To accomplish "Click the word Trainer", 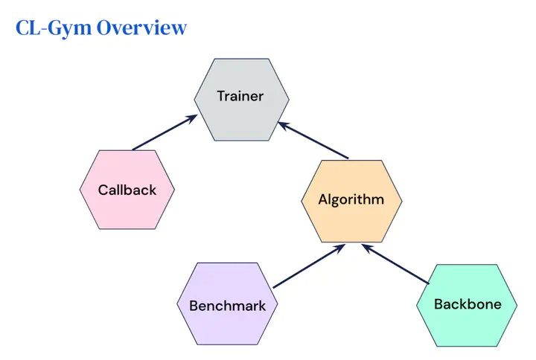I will (x=240, y=96).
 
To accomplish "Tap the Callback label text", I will (x=127, y=190).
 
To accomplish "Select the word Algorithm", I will (x=351, y=199).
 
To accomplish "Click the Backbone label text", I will (x=468, y=304).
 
